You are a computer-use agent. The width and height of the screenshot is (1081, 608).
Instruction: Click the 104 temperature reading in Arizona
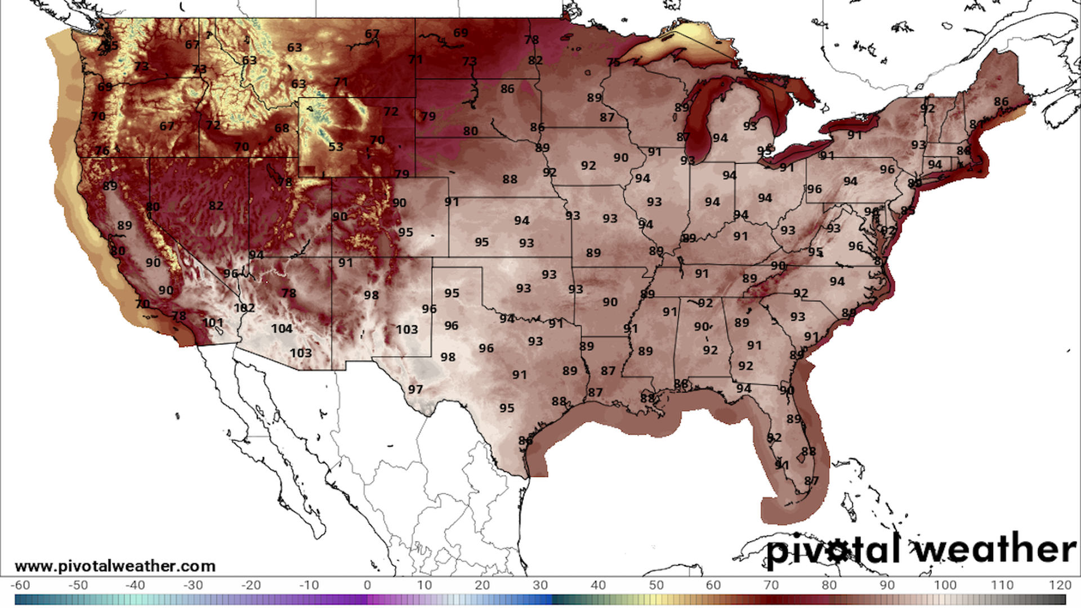[282, 329]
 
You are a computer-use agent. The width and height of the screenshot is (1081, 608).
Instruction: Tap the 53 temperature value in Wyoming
[336, 147]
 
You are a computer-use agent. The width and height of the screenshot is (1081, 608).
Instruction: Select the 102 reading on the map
[244, 308]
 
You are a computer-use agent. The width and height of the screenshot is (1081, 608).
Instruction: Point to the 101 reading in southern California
[213, 323]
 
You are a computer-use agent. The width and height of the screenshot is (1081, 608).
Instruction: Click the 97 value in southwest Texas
[416, 390]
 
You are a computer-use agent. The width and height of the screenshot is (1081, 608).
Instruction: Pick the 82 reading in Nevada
[216, 206]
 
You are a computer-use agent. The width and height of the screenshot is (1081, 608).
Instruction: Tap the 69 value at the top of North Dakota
[461, 33]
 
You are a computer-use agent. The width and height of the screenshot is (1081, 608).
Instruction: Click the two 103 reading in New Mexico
[407, 330]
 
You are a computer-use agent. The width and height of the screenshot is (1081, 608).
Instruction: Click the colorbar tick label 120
[1060, 585]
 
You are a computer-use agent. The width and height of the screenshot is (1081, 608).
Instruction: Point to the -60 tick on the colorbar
[20, 585]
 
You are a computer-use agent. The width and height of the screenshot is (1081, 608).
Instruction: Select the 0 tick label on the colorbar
[367, 585]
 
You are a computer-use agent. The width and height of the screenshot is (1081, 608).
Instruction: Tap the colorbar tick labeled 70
[771, 585]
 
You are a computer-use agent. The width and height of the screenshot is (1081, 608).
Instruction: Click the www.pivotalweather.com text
[115, 566]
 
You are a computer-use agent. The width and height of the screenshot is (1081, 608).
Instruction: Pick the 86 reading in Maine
[1001, 102]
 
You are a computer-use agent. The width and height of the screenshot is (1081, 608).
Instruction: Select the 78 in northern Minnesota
[531, 40]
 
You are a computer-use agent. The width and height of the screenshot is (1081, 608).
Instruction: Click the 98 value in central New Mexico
[371, 296]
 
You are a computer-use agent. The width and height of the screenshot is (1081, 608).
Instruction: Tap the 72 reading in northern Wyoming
[391, 111]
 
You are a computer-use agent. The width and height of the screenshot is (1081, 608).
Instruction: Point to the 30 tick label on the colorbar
[540, 585]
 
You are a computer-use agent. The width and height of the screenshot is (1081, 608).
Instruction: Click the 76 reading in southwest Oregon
[102, 151]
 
